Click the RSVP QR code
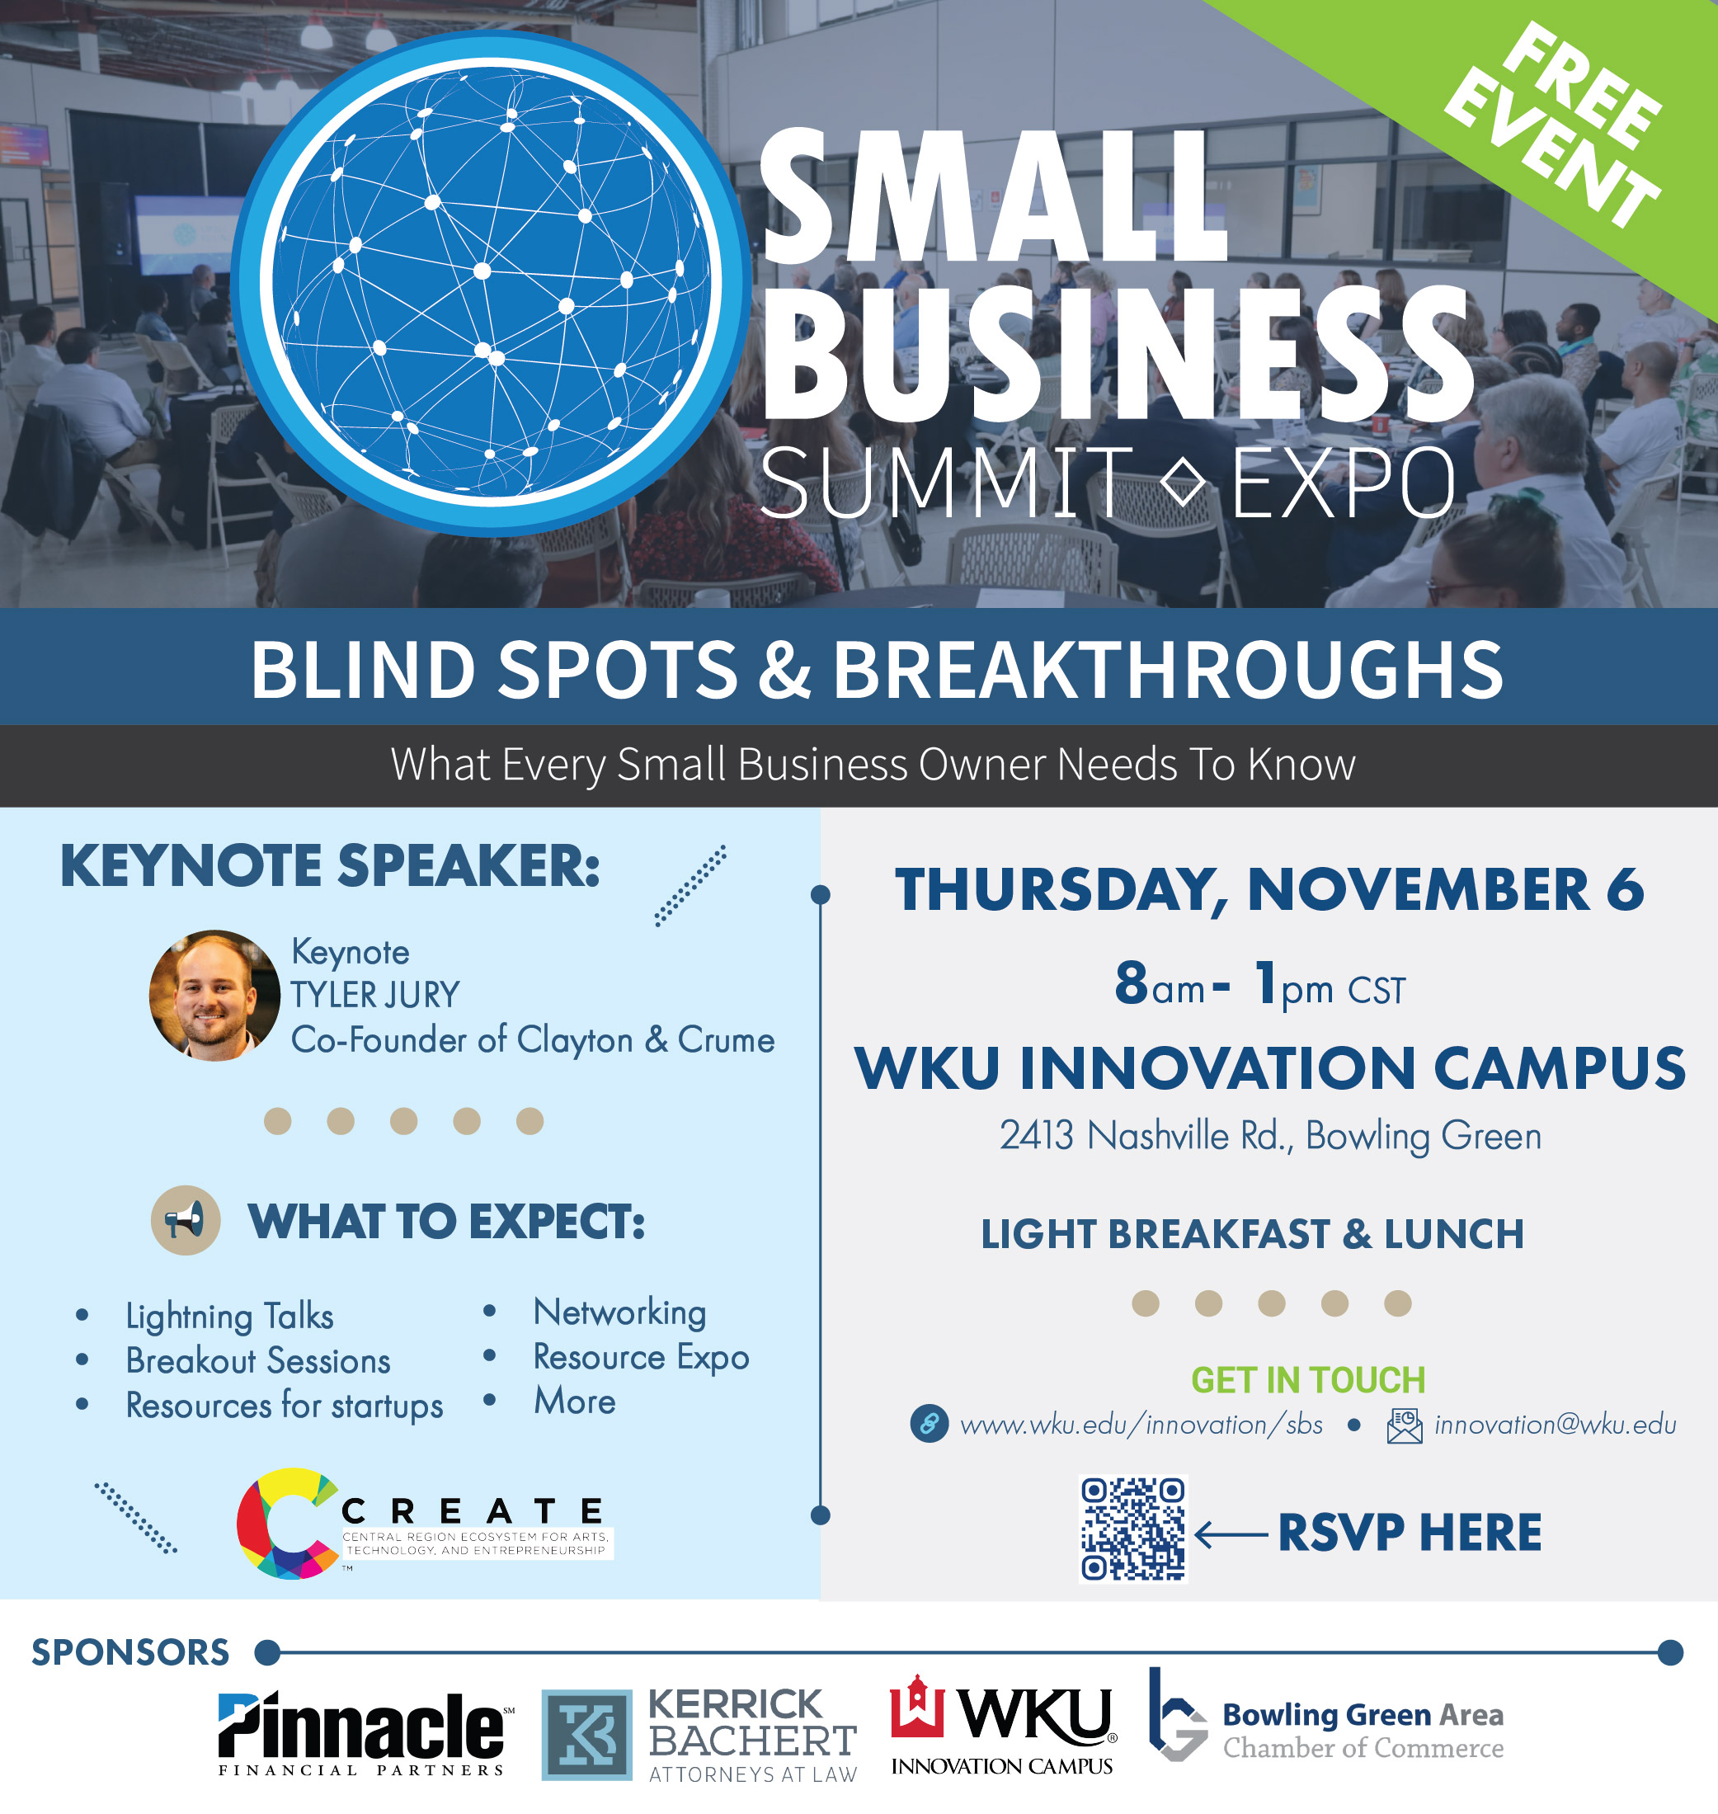[1134, 1529]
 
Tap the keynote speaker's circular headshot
[214, 996]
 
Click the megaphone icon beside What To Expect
[185, 1220]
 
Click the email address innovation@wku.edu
[1555, 1425]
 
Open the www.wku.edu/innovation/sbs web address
[1141, 1425]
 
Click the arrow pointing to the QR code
[1231, 1533]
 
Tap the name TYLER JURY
[374, 995]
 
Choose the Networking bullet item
[620, 1312]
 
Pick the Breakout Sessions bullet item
[258, 1361]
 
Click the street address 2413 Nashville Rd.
[1145, 1135]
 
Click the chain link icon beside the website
[929, 1424]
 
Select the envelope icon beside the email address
[1405, 1425]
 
